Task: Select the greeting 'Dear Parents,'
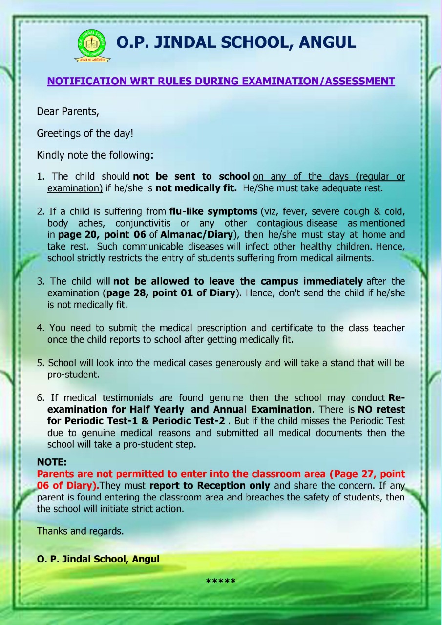[x=68, y=111]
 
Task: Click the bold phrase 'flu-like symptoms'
[x=213, y=211]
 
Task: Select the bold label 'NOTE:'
[x=51, y=462]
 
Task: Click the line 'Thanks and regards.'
[x=80, y=531]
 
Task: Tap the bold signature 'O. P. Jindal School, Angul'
[x=98, y=559]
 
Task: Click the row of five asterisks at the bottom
[x=221, y=581]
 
